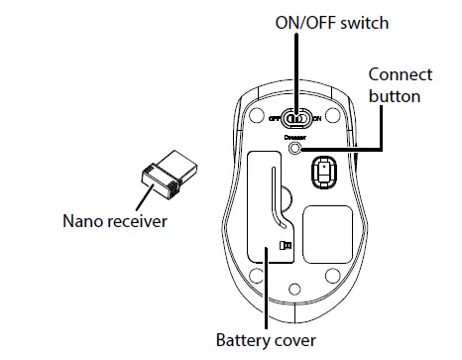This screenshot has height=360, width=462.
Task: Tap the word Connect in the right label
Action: (400, 75)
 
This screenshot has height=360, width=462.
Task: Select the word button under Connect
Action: (395, 96)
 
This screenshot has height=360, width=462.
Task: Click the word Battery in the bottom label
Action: (245, 340)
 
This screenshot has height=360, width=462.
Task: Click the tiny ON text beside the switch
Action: (316, 119)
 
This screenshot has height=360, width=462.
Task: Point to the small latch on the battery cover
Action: (286, 245)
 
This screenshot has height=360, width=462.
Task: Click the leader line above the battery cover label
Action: (266, 298)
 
